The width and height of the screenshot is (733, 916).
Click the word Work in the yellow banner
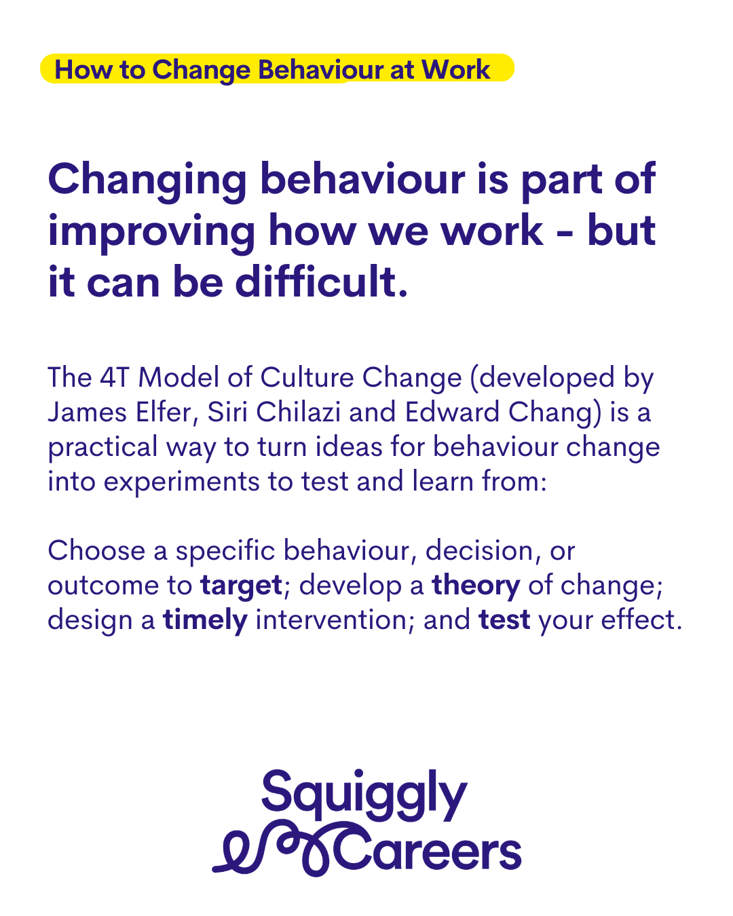click(x=455, y=69)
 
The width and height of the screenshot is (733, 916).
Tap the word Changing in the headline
click(x=147, y=180)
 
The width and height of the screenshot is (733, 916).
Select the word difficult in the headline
click(x=321, y=282)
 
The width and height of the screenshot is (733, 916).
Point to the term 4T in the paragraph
click(x=114, y=377)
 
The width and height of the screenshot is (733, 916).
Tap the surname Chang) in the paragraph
click(x=555, y=413)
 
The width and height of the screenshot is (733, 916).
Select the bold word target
click(x=242, y=586)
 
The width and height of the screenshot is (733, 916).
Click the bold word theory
click(x=476, y=586)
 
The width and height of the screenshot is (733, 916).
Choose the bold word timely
click(x=205, y=621)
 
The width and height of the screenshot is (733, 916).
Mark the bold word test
click(x=504, y=620)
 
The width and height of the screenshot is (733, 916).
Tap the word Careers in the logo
click(x=428, y=851)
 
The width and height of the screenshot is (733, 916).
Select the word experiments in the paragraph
click(x=181, y=482)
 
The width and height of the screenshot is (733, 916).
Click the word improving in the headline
click(x=151, y=232)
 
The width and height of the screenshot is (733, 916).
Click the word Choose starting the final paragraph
click(x=96, y=550)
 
